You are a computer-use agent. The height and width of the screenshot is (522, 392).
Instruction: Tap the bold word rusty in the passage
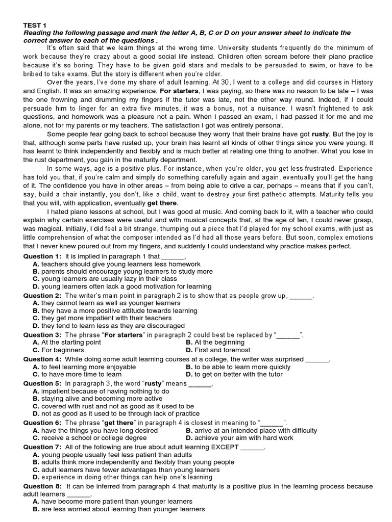pos(321,134)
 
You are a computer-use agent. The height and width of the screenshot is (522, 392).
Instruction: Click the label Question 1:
pos(43,256)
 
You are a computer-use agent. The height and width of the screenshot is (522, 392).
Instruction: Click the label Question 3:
pos(43,335)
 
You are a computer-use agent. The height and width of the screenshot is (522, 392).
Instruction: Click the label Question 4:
pos(43,359)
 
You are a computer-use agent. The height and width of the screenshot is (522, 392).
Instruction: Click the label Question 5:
pos(43,383)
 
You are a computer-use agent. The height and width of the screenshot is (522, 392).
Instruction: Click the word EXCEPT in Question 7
pos(225,447)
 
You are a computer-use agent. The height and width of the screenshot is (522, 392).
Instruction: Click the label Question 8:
pos(43,486)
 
